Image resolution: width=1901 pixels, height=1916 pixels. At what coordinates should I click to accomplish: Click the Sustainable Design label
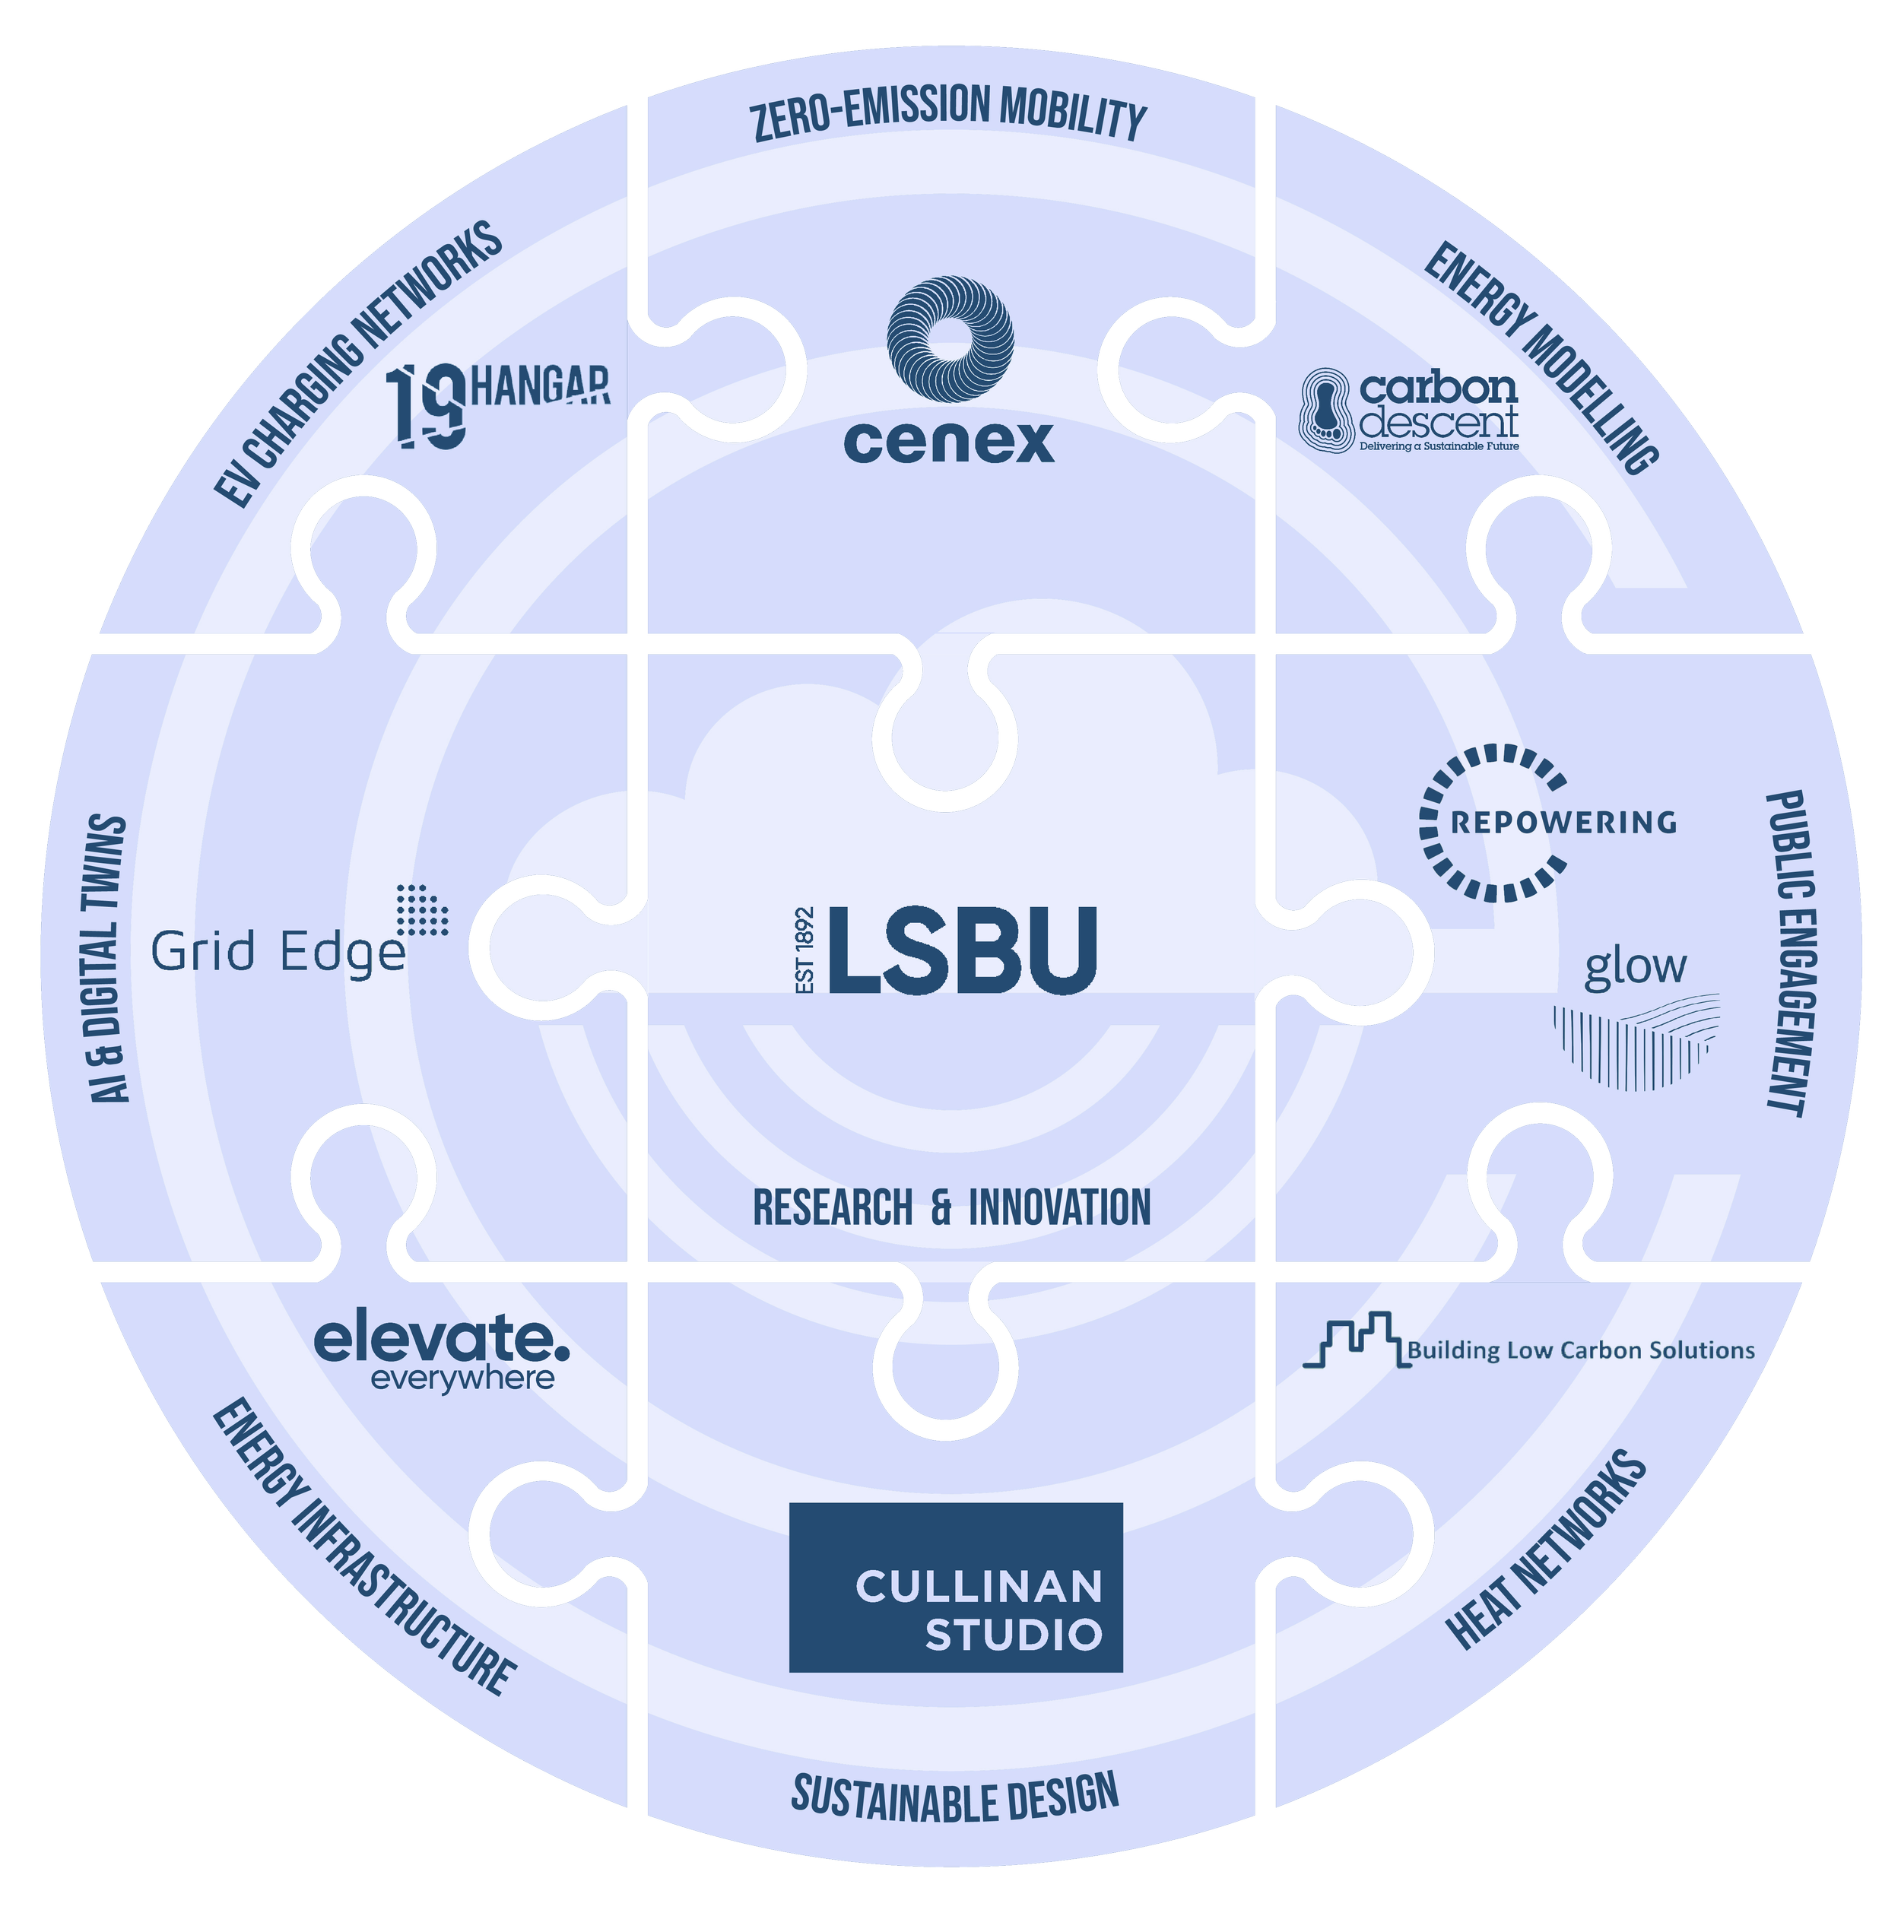pos(954,1794)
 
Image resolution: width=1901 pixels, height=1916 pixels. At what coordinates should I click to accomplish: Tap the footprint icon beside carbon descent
pos(1327,408)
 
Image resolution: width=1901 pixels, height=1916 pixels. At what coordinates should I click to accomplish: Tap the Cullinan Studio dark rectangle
pos(955,1587)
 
